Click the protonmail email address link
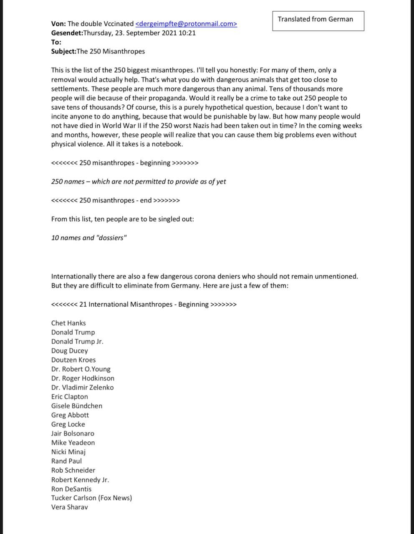coord(186,24)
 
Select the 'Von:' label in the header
coord(58,24)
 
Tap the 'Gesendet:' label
coord(67,33)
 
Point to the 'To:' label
coord(56,42)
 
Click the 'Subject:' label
coord(63,51)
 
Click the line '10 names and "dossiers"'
coord(89,238)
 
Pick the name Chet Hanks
coord(68,323)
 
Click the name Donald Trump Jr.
coord(77,341)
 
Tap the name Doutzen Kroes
coord(73,360)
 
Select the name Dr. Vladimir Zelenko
coord(82,387)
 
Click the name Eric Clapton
coord(70,397)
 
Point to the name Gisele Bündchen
coord(77,406)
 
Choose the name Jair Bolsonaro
coord(73,433)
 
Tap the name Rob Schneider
coord(73,470)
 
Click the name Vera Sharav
coord(70,507)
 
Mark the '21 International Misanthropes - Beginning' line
coord(144,304)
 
